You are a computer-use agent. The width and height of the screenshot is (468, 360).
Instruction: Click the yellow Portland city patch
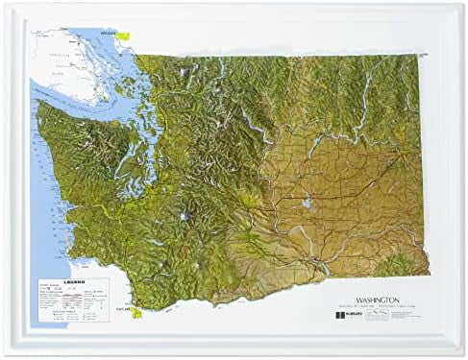(137, 312)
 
